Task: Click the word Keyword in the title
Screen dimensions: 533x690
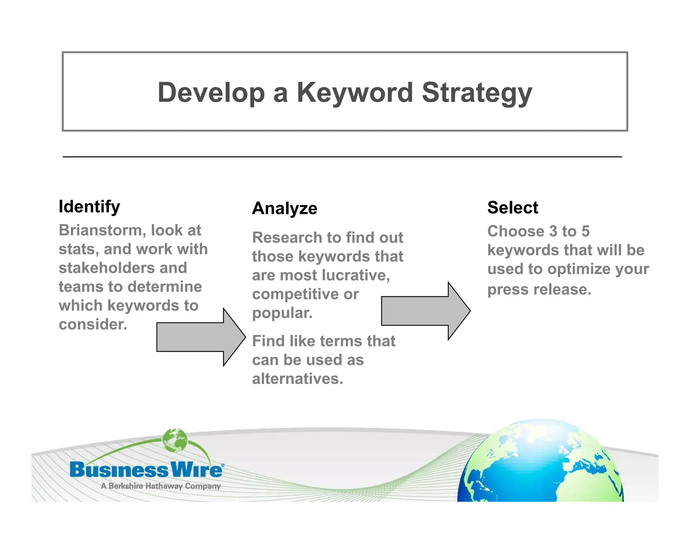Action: (x=354, y=93)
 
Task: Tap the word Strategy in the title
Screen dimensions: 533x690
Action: (x=477, y=93)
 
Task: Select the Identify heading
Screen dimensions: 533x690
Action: (x=89, y=207)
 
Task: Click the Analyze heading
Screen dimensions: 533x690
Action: (x=285, y=208)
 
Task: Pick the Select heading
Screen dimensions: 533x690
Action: (x=512, y=208)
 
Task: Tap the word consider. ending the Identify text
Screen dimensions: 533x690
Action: (x=93, y=324)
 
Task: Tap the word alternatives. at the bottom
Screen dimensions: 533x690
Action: (x=297, y=379)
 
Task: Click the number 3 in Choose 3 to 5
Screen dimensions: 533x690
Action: (x=553, y=231)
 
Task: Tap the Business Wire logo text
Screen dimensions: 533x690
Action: (x=146, y=470)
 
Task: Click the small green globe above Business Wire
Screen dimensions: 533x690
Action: (x=175, y=440)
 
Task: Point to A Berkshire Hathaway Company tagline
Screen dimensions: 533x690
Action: (x=160, y=486)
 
